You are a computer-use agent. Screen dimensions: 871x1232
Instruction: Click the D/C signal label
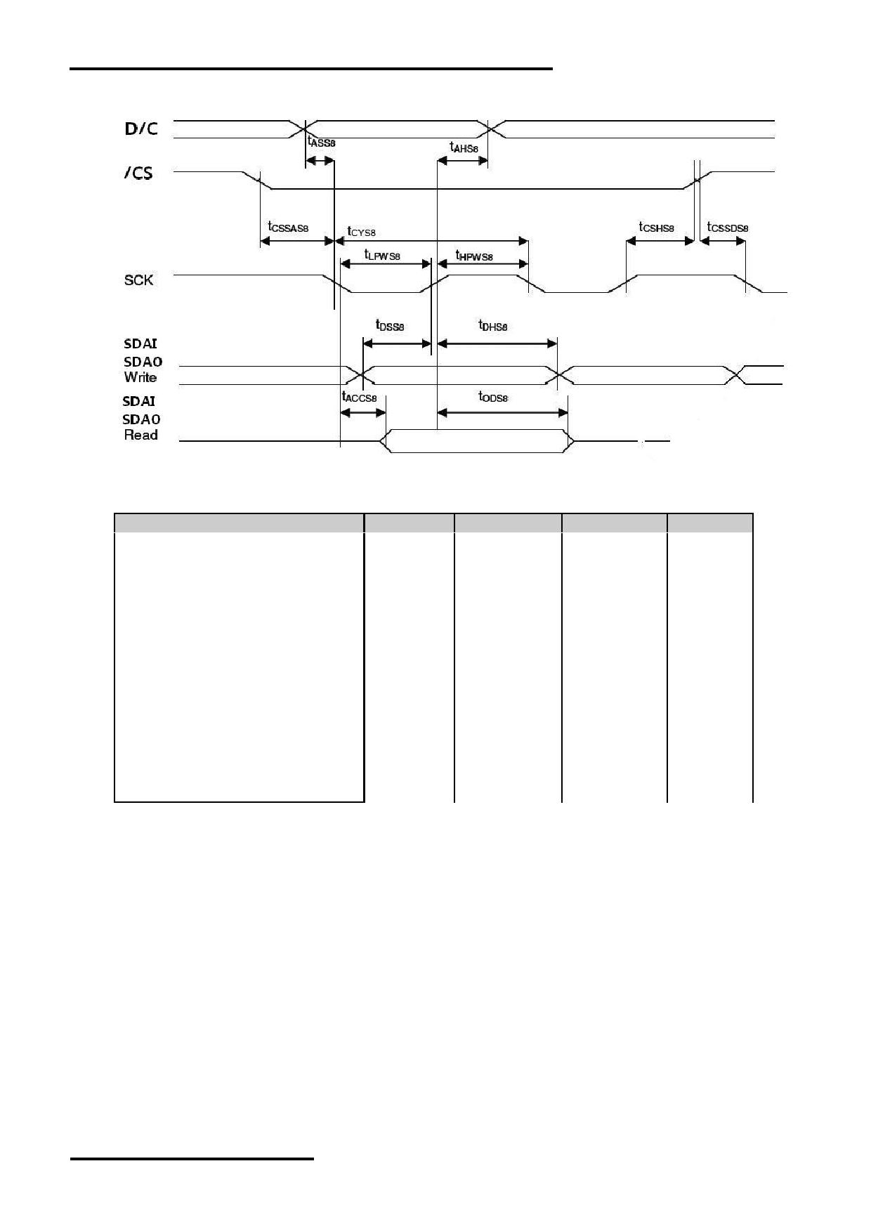(x=141, y=129)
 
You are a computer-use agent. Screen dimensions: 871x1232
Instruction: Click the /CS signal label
(x=138, y=173)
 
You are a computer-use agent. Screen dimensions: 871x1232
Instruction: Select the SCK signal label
(x=138, y=280)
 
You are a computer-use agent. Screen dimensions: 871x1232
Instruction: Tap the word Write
(x=140, y=377)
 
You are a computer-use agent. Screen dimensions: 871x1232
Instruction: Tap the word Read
(x=140, y=435)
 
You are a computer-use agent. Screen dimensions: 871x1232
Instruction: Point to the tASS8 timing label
(x=322, y=142)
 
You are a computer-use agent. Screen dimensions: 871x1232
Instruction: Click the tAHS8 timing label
(x=464, y=148)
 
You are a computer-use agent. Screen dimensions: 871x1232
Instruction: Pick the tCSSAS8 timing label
(x=288, y=228)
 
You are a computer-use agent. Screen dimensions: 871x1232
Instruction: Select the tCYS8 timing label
(x=362, y=230)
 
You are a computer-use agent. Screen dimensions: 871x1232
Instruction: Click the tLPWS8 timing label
(x=382, y=255)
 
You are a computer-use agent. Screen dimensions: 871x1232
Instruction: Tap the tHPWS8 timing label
(x=474, y=256)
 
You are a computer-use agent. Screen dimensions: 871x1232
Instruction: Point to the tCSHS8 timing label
(x=657, y=228)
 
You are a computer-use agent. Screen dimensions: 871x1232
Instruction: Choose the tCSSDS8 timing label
(x=728, y=228)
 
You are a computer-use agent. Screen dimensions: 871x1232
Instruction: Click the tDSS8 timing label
(x=391, y=325)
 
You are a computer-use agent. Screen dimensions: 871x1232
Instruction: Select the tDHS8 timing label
(x=493, y=325)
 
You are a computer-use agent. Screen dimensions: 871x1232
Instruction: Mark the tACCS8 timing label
(x=359, y=397)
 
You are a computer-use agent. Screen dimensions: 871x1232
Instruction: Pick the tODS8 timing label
(x=493, y=397)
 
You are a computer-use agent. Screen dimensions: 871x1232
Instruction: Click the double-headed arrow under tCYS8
(x=431, y=241)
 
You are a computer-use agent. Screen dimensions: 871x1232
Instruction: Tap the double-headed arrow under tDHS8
(x=497, y=343)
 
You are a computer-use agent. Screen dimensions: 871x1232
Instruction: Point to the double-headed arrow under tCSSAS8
(x=296, y=241)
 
